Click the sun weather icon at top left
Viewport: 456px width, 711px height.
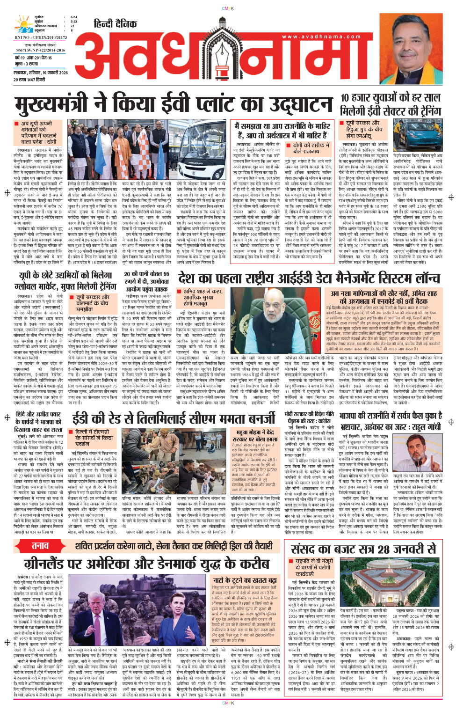(x=23, y=24)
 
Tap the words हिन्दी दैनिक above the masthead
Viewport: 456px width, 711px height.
(x=115, y=24)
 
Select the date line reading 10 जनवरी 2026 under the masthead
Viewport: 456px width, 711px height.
(x=41, y=73)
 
